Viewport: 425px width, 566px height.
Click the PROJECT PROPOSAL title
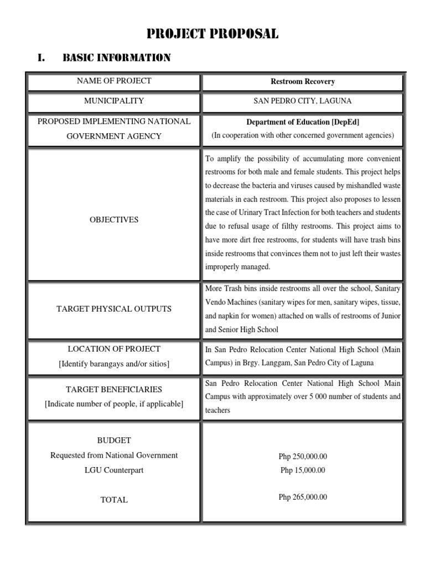coord(212,34)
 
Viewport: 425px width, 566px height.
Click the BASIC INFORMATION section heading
coord(116,58)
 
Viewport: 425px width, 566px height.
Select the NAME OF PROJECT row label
coord(114,81)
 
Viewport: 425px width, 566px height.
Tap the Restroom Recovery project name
coord(302,81)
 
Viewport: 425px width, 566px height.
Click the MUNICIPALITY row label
coord(114,101)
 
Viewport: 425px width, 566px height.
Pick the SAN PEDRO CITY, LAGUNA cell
coord(302,101)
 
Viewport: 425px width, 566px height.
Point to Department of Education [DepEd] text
coord(302,122)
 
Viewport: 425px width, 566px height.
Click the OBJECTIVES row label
coord(114,219)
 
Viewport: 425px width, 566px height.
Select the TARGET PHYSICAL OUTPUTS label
coord(114,308)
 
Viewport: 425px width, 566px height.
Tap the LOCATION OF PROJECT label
coord(114,349)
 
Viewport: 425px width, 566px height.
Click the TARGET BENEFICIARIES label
coord(114,389)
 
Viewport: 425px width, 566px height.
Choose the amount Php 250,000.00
coord(303,457)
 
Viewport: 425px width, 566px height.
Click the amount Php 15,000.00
coord(303,470)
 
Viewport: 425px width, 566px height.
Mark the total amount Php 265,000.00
coord(303,497)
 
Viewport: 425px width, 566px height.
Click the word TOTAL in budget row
coord(114,500)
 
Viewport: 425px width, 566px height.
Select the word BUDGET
coord(114,441)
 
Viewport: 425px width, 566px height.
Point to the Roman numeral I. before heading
coord(41,58)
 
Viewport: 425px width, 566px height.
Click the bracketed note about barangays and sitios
coord(114,364)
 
